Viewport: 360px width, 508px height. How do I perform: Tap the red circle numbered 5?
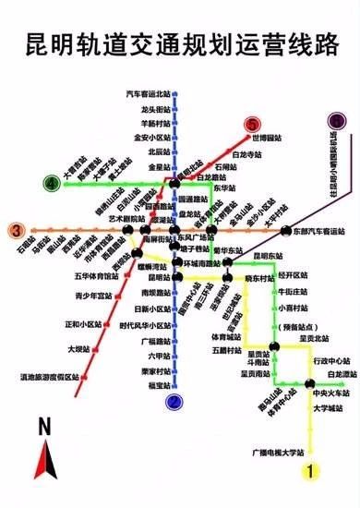click(x=251, y=125)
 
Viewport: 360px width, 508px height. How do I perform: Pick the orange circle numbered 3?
click(x=16, y=231)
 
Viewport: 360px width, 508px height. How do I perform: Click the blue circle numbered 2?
click(x=172, y=401)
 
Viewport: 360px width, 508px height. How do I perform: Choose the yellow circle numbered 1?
click(x=312, y=470)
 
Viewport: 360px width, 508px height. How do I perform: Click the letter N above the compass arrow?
click(x=43, y=426)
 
